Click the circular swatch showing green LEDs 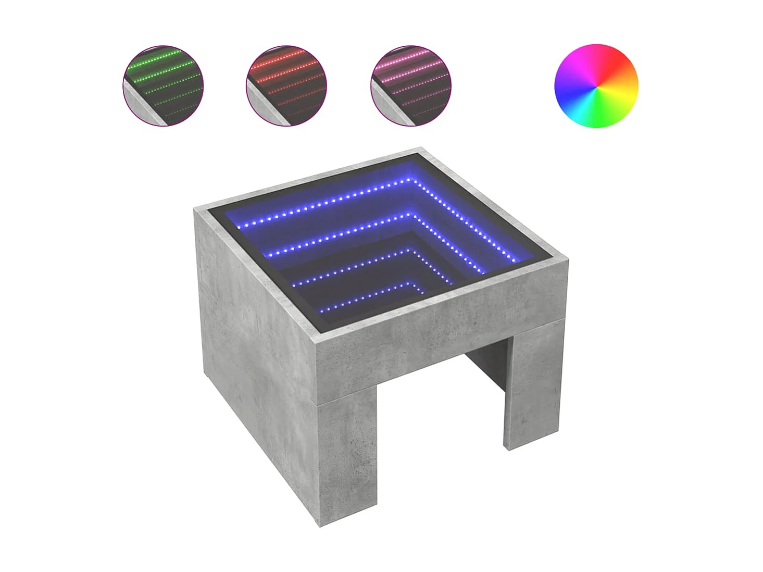pos(163,85)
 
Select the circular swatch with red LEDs pos(286,85)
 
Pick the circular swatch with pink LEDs pos(411,85)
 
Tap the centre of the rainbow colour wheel pos(596,85)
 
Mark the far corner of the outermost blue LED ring pos(415,180)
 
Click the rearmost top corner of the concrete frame pos(421,149)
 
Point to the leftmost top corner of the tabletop pos(195,209)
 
